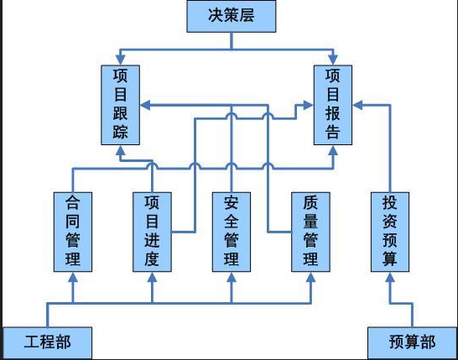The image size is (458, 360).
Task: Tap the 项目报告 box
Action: click(x=333, y=105)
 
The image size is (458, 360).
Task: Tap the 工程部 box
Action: click(x=46, y=343)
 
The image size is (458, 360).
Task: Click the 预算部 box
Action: click(x=412, y=343)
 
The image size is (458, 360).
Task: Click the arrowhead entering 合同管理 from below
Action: click(x=73, y=278)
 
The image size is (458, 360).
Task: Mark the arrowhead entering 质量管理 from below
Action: click(x=311, y=278)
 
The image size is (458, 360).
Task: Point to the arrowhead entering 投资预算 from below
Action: click(x=390, y=278)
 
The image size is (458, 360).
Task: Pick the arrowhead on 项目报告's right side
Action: click(x=357, y=106)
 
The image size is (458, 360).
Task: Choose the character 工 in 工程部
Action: click(x=30, y=343)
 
